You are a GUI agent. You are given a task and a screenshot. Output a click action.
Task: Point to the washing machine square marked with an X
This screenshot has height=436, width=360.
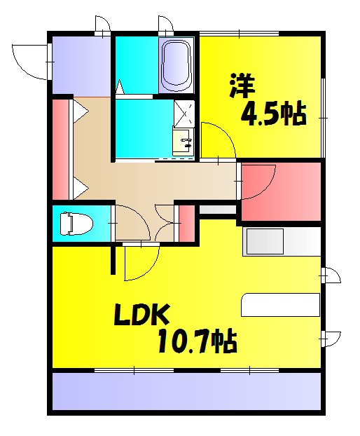[x=184, y=112]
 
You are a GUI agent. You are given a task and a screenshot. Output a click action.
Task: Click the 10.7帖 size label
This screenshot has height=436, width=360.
[x=196, y=341]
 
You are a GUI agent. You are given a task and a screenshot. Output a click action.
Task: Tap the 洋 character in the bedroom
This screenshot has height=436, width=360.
[x=242, y=84]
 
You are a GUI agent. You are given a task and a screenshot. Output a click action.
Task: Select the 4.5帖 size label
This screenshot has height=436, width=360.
[x=273, y=114]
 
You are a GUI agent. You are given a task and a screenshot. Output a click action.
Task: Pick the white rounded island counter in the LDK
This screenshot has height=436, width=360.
[x=280, y=306]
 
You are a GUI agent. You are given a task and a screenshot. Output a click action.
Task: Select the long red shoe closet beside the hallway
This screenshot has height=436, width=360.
[x=61, y=149]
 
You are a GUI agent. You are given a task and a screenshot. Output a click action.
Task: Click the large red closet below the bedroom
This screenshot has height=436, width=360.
[x=280, y=191]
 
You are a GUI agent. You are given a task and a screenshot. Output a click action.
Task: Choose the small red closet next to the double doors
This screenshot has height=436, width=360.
[x=186, y=223]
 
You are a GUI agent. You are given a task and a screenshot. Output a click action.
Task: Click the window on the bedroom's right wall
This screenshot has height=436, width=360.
[x=323, y=116]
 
